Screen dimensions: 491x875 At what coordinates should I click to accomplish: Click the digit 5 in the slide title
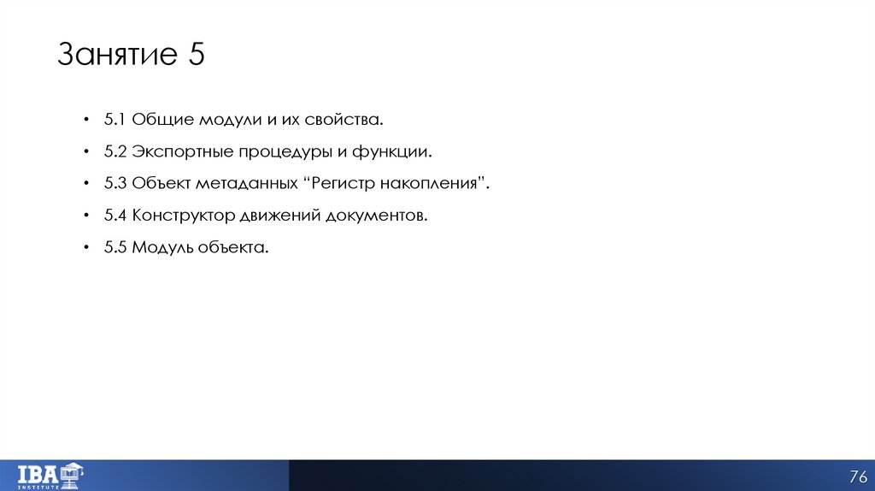[194, 56]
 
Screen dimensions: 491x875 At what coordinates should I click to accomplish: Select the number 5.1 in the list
[115, 120]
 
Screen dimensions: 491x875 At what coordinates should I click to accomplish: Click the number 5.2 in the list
[115, 152]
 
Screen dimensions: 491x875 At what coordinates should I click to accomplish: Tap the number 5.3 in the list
[115, 184]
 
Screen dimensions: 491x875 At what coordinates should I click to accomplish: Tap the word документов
[375, 216]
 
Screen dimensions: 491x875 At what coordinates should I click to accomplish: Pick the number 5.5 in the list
[115, 248]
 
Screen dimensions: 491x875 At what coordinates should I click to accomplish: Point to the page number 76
[857, 476]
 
